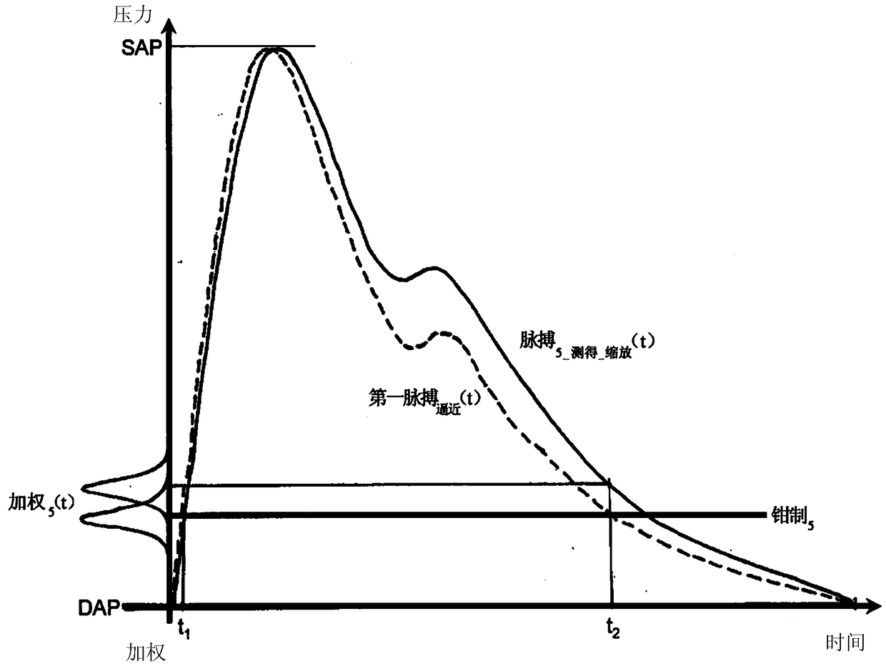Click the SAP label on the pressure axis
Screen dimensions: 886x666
[141, 49]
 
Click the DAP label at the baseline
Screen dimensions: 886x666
[99, 608]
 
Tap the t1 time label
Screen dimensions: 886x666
[184, 631]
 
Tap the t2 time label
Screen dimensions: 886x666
[613, 630]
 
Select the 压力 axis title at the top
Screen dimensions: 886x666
[132, 15]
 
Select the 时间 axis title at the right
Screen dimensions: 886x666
[845, 642]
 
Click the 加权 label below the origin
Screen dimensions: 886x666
[146, 652]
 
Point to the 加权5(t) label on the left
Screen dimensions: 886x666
[41, 505]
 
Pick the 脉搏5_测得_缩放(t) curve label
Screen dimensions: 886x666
[587, 344]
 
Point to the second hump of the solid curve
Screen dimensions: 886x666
[434, 268]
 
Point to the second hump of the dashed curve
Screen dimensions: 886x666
[443, 332]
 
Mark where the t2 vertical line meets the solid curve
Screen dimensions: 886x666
[609, 482]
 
